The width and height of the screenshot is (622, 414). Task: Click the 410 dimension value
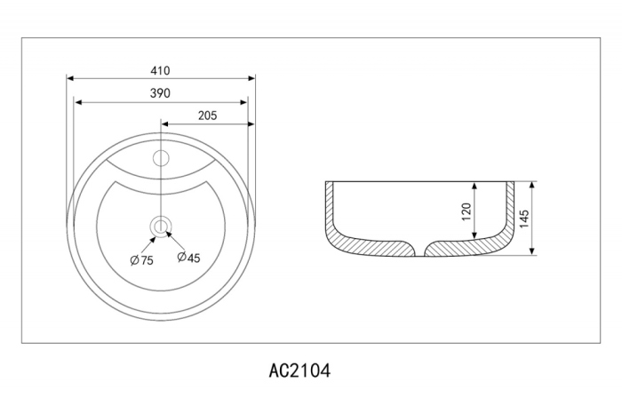(x=160, y=70)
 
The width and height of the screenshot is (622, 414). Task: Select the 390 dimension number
(x=160, y=93)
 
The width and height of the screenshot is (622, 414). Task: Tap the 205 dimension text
(x=207, y=115)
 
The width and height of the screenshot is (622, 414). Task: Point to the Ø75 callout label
(x=141, y=260)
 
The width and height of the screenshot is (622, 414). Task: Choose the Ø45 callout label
(x=188, y=258)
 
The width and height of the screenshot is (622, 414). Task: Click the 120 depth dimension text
(x=466, y=212)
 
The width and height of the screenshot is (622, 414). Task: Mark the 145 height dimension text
(x=524, y=219)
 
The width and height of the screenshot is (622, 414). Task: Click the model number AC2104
(x=299, y=371)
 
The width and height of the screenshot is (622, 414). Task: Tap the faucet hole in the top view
(x=161, y=158)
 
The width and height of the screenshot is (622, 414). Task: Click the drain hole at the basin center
(x=161, y=227)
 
